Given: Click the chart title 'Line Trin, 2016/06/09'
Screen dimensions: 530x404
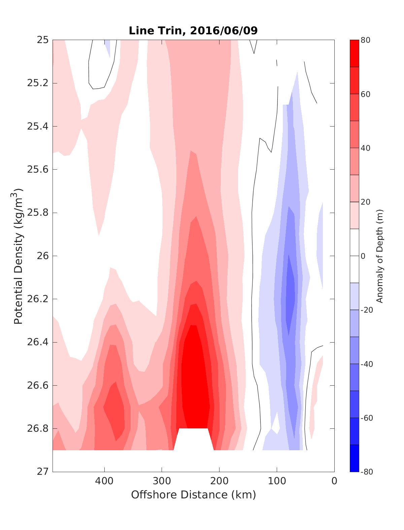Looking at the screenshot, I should pyautogui.click(x=193, y=31).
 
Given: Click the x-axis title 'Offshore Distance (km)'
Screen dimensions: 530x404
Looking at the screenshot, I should pyautogui.click(x=193, y=495).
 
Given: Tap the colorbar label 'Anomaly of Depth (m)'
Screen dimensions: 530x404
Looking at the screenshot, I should pyautogui.click(x=380, y=256).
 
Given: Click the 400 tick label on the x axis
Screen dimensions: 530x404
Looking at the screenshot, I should pyautogui.click(x=104, y=481).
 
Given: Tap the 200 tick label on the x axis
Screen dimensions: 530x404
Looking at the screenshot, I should pyautogui.click(x=220, y=481).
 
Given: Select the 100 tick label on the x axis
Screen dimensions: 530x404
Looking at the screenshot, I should pyautogui.click(x=277, y=481).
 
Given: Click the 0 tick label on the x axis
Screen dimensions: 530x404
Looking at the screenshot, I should pyautogui.click(x=334, y=481).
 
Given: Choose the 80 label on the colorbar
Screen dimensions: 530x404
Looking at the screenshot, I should pyautogui.click(x=366, y=40).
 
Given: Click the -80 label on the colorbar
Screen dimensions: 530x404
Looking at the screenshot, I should pyautogui.click(x=367, y=472).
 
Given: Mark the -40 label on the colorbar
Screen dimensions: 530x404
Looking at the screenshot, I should pyautogui.click(x=367, y=364).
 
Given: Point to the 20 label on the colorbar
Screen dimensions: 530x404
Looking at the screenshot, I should pyautogui.click(x=366, y=202).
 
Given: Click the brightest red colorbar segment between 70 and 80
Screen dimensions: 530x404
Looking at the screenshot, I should pyautogui.click(x=354, y=54).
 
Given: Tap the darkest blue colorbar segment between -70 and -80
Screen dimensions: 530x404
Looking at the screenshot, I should pyautogui.click(x=354, y=458).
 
